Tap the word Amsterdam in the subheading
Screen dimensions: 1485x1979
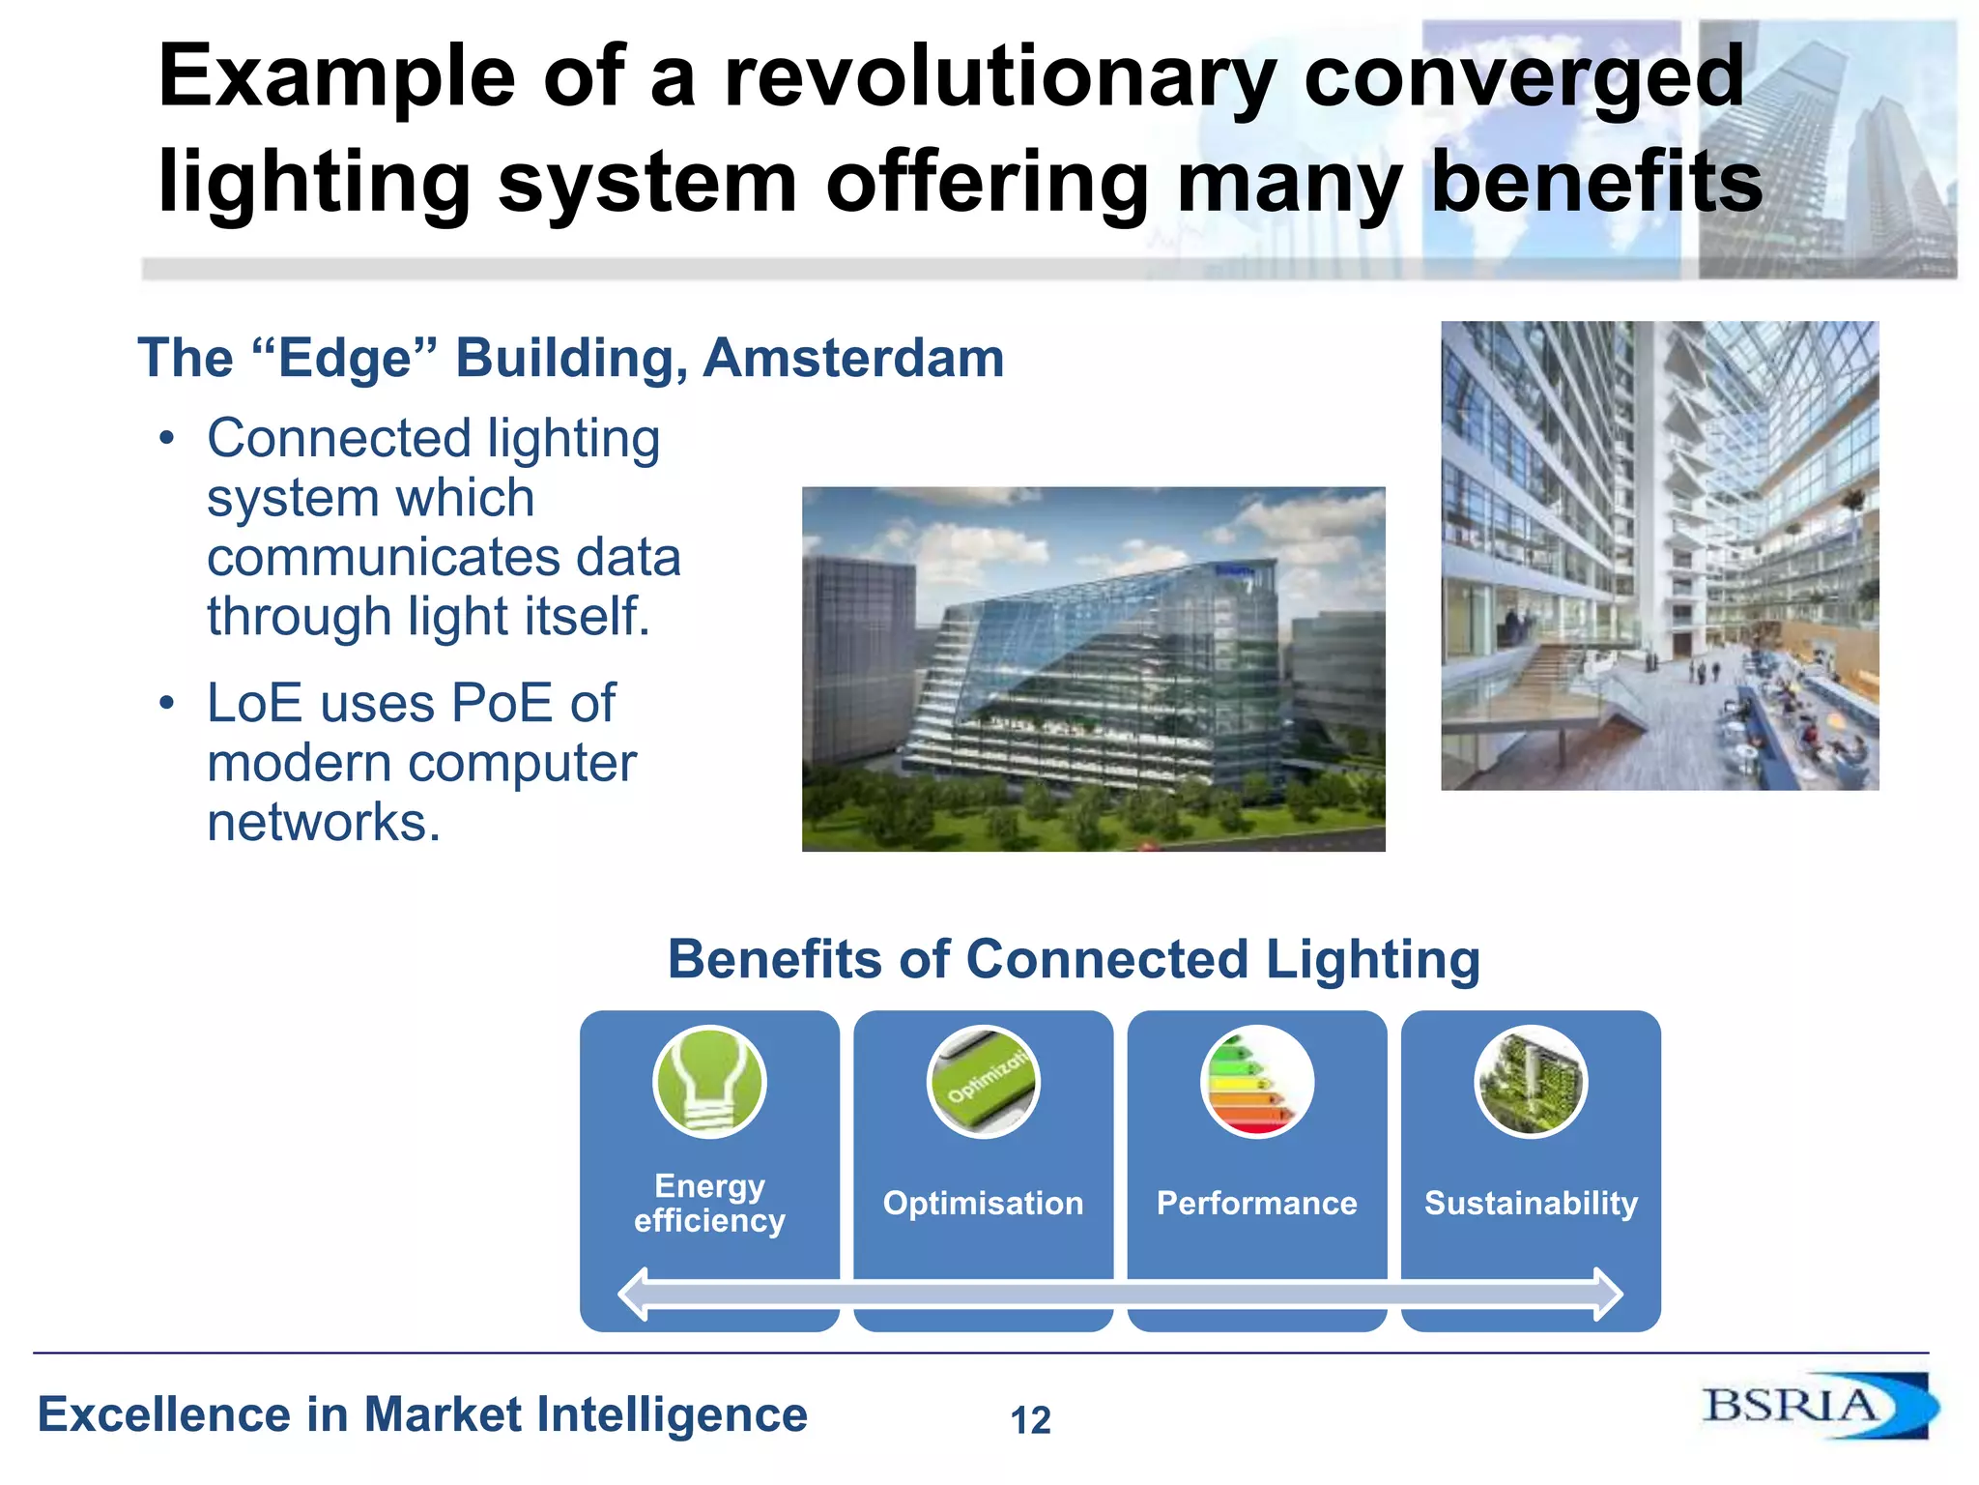tap(853, 359)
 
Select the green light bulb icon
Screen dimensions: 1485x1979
tap(709, 1082)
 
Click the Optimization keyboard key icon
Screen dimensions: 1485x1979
tap(983, 1082)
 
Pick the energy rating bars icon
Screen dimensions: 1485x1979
tap(1256, 1082)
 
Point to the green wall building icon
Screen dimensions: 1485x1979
tap(1531, 1082)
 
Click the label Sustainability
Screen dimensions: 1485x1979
tap(1531, 1203)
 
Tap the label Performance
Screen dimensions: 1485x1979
tap(1256, 1203)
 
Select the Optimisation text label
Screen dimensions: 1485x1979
tap(983, 1203)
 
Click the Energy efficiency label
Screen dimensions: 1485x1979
tap(709, 1203)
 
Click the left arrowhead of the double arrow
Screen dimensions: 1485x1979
tap(633, 1294)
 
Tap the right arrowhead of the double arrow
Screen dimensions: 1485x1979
tap(1608, 1294)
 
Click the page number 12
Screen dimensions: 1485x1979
tap(1030, 1420)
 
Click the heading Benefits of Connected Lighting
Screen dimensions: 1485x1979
tap(1074, 959)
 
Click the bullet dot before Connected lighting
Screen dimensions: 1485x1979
tap(167, 439)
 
